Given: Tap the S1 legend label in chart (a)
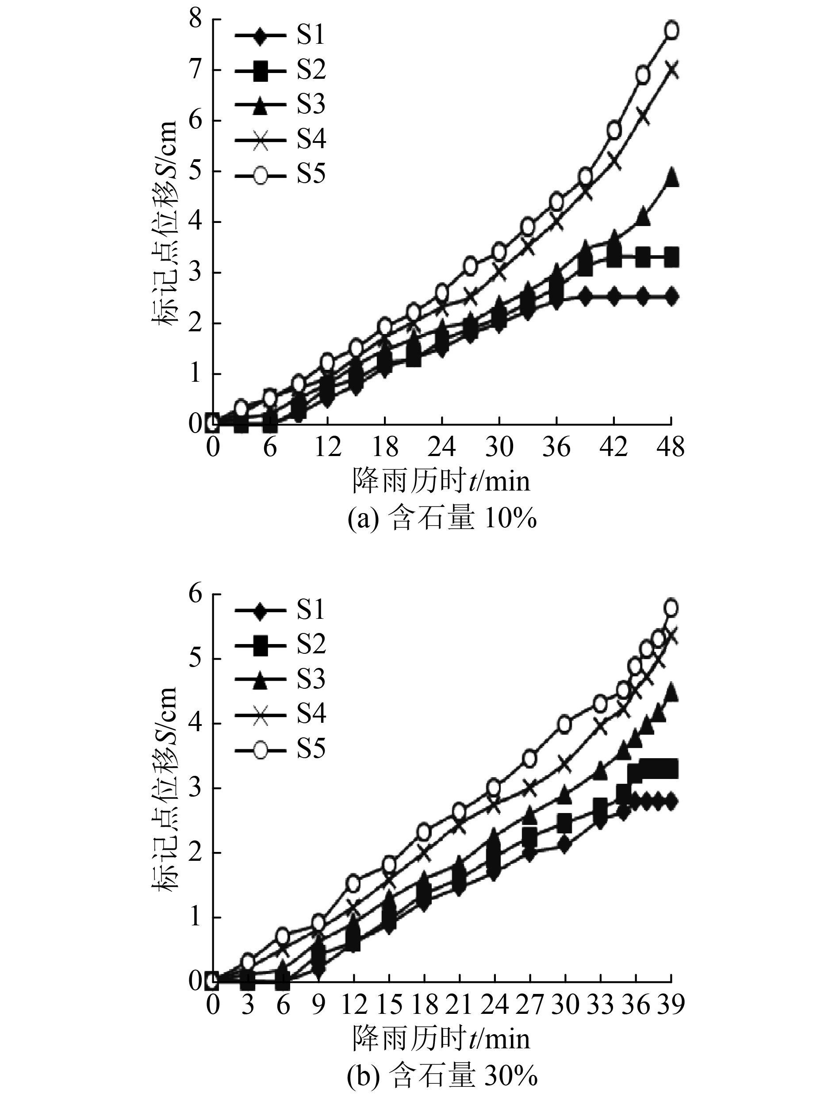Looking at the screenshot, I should [x=311, y=35].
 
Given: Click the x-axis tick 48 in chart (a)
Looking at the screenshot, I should [x=671, y=447].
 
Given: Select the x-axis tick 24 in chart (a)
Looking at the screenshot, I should [x=442, y=447].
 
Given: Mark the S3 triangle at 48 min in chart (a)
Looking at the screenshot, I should [x=672, y=177].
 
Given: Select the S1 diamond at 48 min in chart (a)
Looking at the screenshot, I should [x=672, y=296].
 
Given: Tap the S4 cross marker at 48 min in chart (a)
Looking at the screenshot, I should [x=672, y=69].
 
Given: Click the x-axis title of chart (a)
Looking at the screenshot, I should [x=442, y=480].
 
